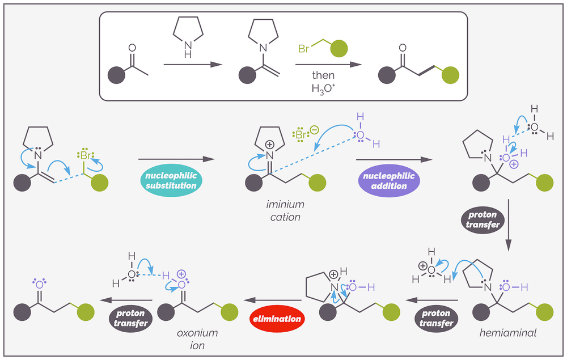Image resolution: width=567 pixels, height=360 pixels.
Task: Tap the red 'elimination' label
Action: tap(277, 319)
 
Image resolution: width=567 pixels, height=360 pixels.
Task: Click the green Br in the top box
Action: tap(304, 49)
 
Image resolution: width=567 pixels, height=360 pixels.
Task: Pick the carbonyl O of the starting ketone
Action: tap(133, 49)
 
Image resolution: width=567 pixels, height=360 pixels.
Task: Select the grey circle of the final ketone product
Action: tap(22, 311)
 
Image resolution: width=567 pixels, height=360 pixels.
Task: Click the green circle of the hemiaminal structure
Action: tap(545, 311)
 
